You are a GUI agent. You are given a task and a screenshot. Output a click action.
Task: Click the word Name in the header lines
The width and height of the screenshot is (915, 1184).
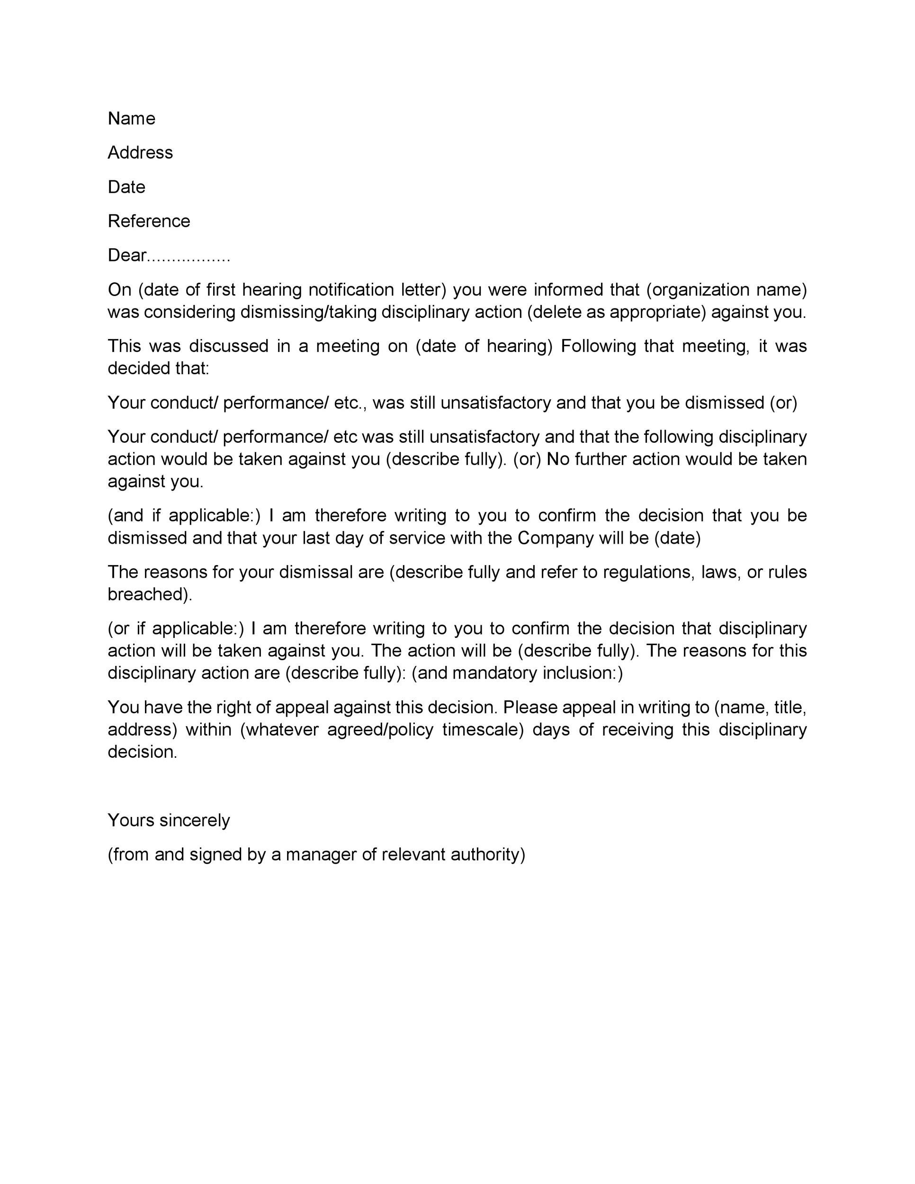(x=131, y=118)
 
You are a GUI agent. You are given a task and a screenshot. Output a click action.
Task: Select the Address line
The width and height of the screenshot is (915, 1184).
(x=140, y=152)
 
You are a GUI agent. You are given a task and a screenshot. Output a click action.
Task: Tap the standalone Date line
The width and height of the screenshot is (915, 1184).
(x=126, y=187)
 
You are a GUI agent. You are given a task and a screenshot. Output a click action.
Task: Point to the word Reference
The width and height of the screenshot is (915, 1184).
(x=149, y=221)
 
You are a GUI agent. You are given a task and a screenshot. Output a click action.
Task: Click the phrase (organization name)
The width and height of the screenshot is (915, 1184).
(x=727, y=290)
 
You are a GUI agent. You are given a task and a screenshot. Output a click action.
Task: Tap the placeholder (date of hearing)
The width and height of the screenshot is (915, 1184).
(x=484, y=346)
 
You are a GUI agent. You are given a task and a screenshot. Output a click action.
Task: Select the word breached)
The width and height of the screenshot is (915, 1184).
(x=150, y=594)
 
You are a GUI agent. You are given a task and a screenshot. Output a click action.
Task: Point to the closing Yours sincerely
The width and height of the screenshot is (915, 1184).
(x=169, y=820)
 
